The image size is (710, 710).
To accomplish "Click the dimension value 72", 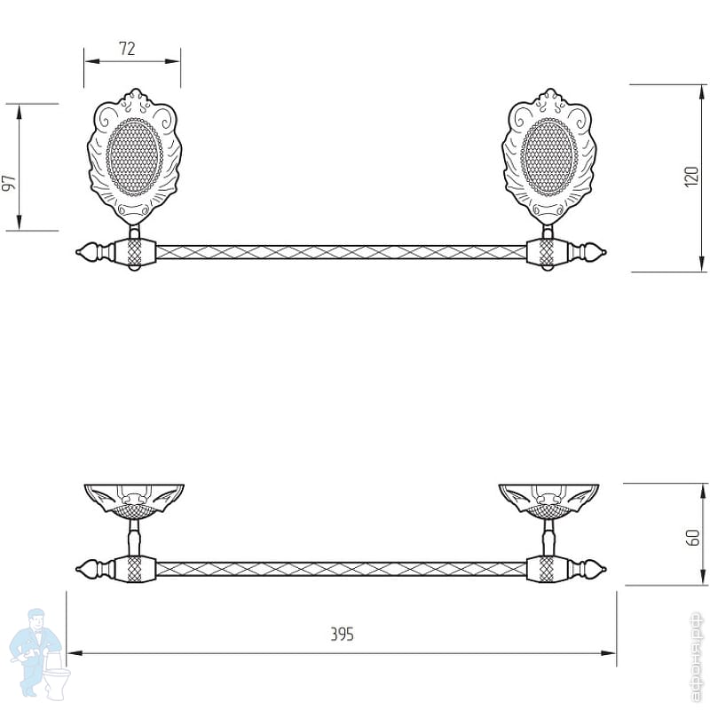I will [127, 49].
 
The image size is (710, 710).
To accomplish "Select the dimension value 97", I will [9, 183].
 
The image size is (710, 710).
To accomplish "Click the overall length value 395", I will [342, 635].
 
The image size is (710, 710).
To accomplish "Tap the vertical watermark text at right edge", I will [697, 658].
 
